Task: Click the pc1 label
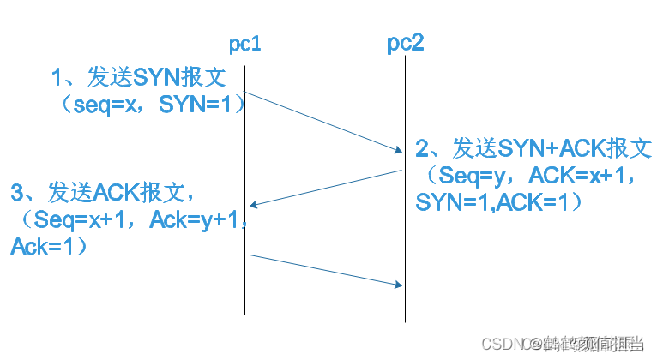pyautogui.click(x=244, y=45)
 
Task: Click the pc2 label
pyautogui.click(x=404, y=44)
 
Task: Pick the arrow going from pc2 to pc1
pyautogui.click(x=326, y=188)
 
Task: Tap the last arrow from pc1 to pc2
pyautogui.click(x=326, y=269)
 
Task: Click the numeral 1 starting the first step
pyautogui.click(x=58, y=78)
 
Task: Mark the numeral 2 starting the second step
pyautogui.click(x=422, y=148)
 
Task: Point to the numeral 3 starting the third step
pyautogui.click(x=16, y=192)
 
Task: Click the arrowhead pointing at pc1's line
pyautogui.click(x=253, y=205)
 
